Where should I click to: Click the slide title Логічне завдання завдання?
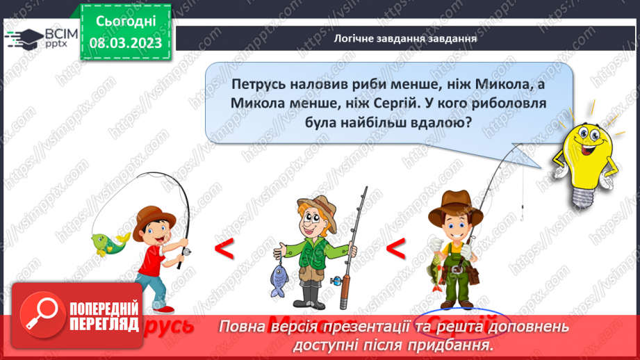[x=405, y=39]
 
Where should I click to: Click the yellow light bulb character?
[x=584, y=161]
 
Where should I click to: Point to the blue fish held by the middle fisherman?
[x=279, y=276]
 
